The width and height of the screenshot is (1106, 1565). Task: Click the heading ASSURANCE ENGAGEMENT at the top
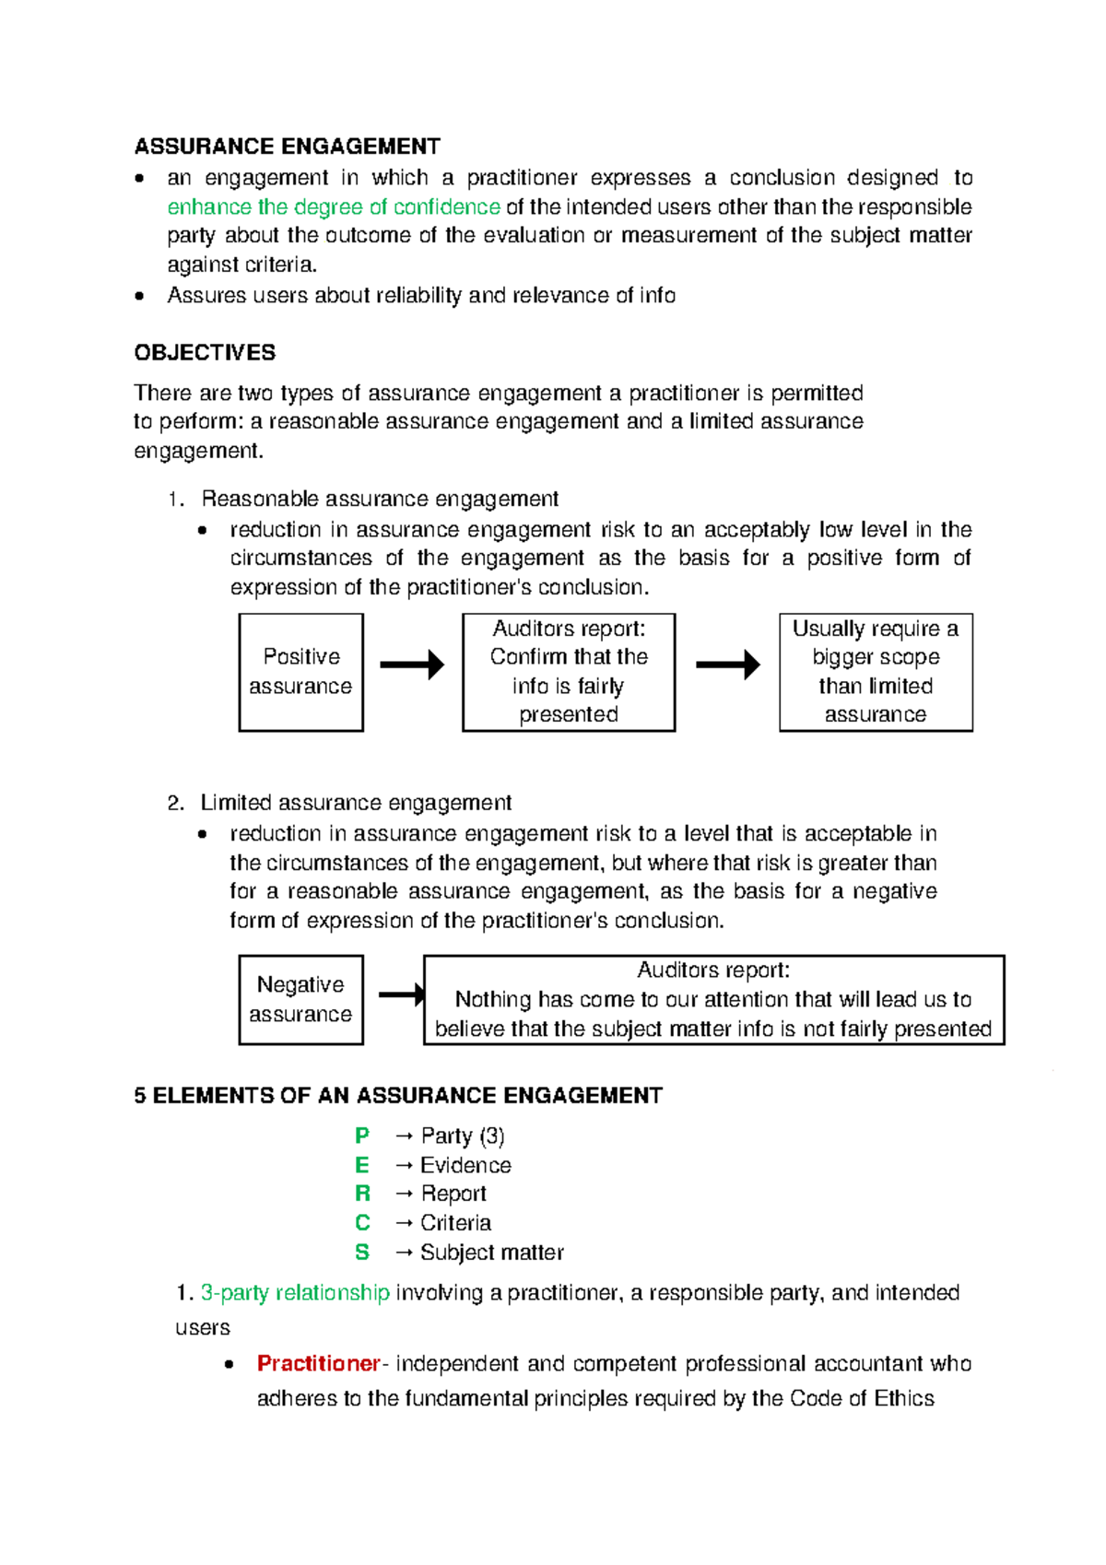coord(287,147)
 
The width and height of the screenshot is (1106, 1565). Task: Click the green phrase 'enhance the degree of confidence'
coord(333,206)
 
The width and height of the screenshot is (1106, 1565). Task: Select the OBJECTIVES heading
coord(205,353)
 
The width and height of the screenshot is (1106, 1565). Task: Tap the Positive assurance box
coord(300,672)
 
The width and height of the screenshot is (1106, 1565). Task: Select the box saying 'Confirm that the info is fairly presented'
coord(568,672)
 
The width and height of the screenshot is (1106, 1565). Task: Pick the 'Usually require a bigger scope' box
coord(875,672)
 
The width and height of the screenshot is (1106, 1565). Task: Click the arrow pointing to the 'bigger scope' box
coord(727,665)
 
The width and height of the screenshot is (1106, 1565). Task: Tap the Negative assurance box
coord(300,999)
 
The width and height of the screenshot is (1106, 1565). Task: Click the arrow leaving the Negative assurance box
coord(401,994)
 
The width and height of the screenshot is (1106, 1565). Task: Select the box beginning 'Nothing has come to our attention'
coord(712,999)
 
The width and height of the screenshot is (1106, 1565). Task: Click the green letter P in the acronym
coord(362,1136)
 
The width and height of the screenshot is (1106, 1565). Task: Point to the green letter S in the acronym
coord(362,1253)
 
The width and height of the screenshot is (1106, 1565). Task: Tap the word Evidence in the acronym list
coord(465,1165)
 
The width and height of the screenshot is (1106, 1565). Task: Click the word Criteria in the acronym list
coord(455,1223)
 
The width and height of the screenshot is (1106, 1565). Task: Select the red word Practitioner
coord(318,1363)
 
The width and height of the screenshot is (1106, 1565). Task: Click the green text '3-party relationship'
coord(295,1292)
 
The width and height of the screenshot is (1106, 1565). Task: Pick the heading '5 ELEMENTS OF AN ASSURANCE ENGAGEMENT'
coord(397,1095)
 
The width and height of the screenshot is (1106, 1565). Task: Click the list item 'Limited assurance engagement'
coord(355,803)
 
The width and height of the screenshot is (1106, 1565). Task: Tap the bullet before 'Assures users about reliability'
coord(139,296)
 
